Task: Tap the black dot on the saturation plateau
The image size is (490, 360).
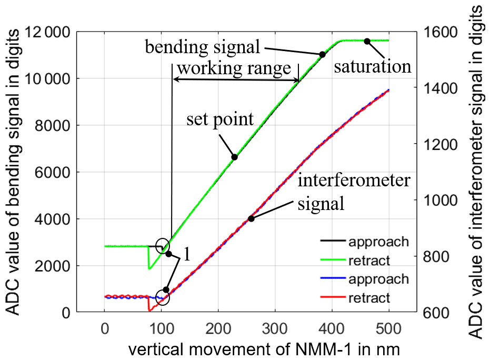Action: pyautogui.click(x=367, y=41)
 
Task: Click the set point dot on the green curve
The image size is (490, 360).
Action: pyautogui.click(x=235, y=157)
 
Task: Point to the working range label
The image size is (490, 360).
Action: pyautogui.click(x=234, y=68)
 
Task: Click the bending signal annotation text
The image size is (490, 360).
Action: pyautogui.click(x=203, y=47)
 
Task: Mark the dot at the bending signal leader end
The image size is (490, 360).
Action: pyautogui.click(x=323, y=54)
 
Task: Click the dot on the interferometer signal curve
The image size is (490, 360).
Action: pyautogui.click(x=251, y=218)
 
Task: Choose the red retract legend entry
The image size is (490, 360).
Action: pyautogui.click(x=368, y=298)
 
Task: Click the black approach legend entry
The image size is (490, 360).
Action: pyautogui.click(x=378, y=242)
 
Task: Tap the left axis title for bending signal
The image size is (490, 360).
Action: pyautogui.click(x=15, y=174)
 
